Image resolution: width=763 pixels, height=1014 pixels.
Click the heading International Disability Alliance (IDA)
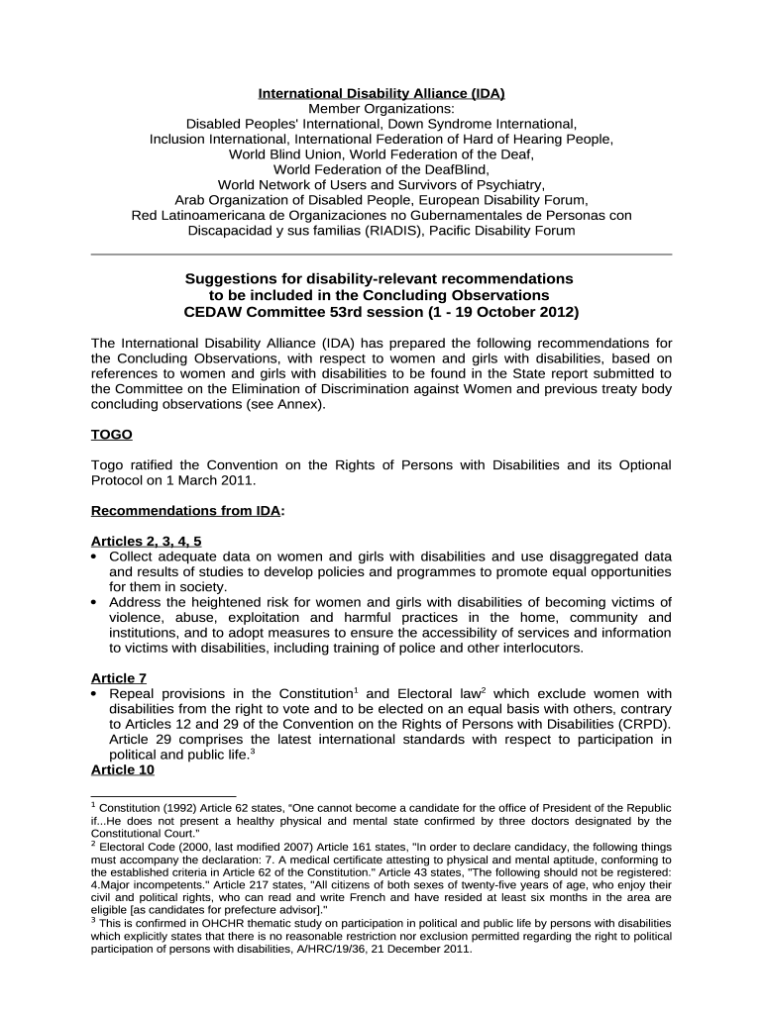click(381, 93)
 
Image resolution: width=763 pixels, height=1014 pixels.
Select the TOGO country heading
click(111, 435)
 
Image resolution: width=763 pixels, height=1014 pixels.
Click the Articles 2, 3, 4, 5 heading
click(146, 542)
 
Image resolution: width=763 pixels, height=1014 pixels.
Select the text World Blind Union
click(286, 154)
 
